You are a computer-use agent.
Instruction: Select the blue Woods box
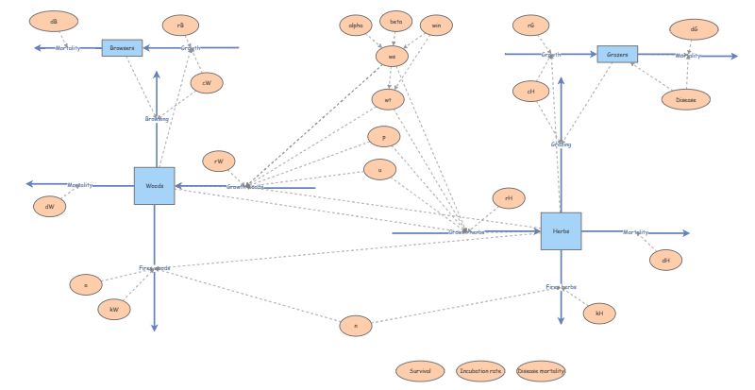point(154,185)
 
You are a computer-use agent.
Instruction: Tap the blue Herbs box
point(561,231)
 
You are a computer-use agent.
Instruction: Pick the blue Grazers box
point(616,54)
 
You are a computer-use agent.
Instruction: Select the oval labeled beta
point(395,20)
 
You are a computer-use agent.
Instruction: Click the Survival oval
point(420,371)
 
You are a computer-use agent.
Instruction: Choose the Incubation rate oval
point(480,371)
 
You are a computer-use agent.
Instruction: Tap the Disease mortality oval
point(542,371)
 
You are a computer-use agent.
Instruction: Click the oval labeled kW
point(114,309)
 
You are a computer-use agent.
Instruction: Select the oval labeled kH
point(598,313)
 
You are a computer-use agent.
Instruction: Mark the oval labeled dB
point(47,21)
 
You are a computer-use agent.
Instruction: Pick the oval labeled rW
point(219,162)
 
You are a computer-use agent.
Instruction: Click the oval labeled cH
point(530,91)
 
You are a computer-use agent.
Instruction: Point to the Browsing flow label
point(157,119)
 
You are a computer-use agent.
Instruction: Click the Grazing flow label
point(561,144)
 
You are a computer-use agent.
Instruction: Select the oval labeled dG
point(694,29)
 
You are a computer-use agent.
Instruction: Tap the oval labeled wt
point(387,98)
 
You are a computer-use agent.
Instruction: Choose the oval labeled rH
point(508,197)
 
